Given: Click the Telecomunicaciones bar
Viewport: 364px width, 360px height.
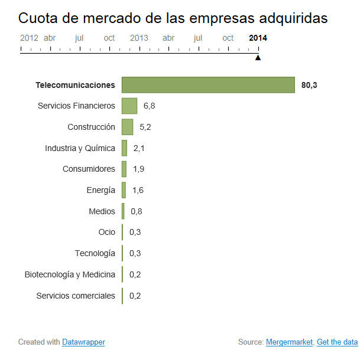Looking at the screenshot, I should point(208,85).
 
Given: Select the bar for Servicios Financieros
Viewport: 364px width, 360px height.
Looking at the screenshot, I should point(129,106).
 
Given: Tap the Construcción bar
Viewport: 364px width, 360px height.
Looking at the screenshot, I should point(127,127).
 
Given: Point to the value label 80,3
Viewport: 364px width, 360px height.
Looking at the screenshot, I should point(309,85).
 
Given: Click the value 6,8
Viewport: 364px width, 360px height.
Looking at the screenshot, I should point(149,106).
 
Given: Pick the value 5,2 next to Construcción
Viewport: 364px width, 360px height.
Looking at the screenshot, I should point(145,127).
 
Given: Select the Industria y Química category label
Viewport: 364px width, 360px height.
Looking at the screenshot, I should point(80,148).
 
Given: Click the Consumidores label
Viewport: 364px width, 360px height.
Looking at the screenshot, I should point(89,169).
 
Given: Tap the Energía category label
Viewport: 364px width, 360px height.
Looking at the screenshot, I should point(100,190).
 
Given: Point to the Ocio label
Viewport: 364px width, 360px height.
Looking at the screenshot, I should point(107,232).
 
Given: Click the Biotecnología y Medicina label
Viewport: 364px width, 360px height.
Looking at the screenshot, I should point(70,274).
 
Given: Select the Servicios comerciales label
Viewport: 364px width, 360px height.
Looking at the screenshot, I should point(76,296).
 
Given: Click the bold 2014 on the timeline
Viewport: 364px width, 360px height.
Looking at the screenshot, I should point(258,38).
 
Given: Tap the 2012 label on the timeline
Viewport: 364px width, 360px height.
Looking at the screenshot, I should point(29,38).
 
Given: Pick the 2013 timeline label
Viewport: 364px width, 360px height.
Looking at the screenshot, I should point(139,38).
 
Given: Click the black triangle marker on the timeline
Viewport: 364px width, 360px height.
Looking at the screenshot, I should point(258,57).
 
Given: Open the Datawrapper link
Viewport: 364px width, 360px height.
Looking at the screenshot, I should point(83,342).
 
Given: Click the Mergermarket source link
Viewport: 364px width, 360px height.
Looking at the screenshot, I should point(289,342).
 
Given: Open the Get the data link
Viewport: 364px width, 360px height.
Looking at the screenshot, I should point(337,342).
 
